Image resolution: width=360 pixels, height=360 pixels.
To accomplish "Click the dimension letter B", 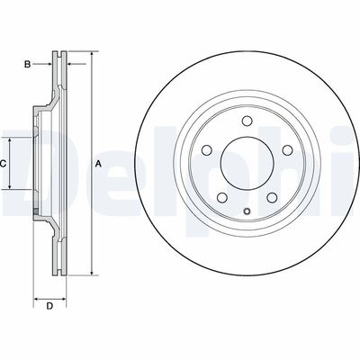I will coord(28,64).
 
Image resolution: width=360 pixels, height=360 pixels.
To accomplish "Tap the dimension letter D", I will coord(50,307).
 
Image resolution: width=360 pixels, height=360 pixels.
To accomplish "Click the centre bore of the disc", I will coord(246,163).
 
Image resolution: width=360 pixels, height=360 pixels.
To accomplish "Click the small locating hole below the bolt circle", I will coord(245,210).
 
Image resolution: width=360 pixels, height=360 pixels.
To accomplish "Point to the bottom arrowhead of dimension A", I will coord(92,270).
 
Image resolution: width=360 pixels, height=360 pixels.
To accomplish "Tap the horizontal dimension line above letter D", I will coord(50,295).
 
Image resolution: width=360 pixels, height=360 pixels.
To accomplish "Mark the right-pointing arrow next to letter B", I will coord(45,64).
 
